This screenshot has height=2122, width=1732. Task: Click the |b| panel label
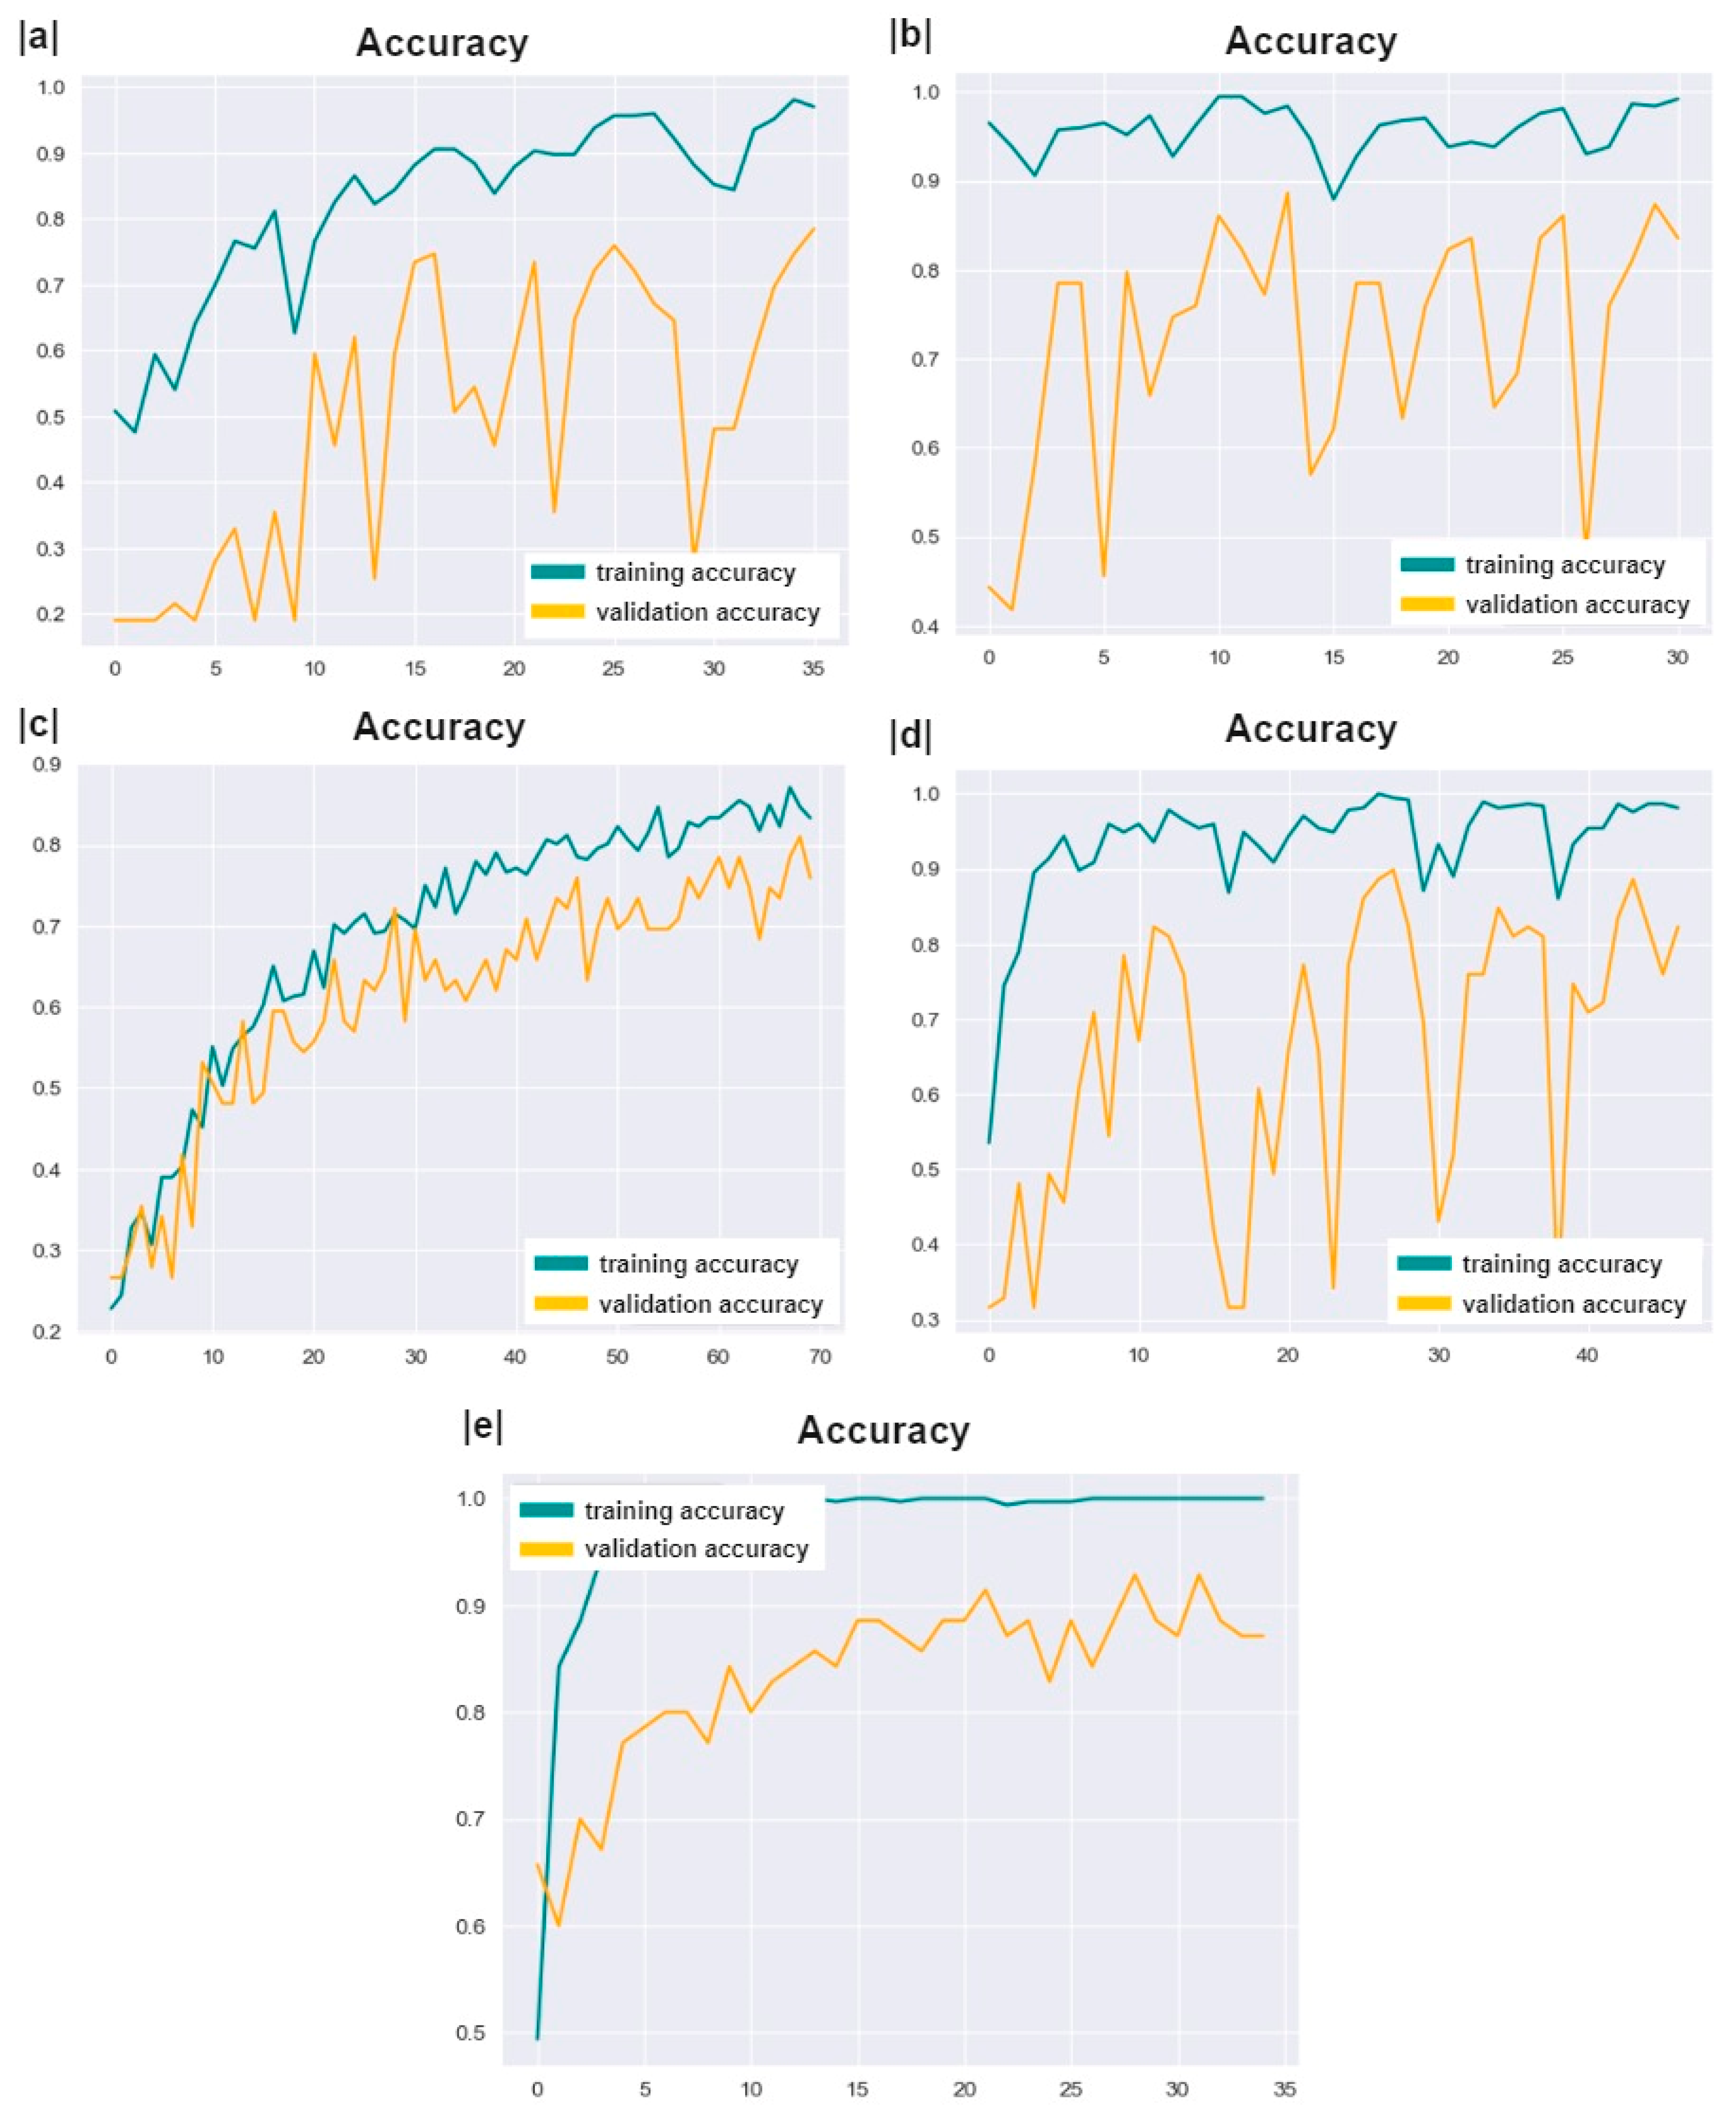click(x=910, y=36)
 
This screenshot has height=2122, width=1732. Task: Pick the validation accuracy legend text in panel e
click(x=697, y=1548)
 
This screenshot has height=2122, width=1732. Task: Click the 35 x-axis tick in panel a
click(x=813, y=669)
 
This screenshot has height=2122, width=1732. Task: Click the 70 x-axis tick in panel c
click(x=819, y=1357)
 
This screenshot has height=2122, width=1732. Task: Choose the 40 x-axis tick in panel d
click(x=1586, y=1355)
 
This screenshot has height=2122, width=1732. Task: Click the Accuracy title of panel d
click(x=1310, y=729)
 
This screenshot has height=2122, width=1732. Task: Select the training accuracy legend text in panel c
click(x=699, y=1264)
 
